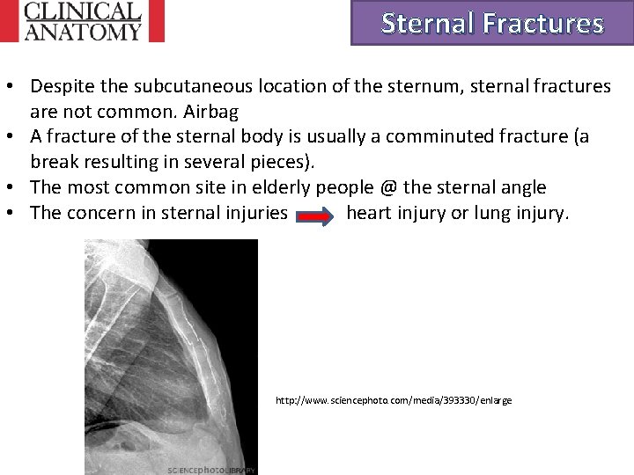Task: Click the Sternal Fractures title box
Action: point(492,23)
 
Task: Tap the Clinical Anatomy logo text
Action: point(83,21)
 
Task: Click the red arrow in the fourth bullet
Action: point(316,214)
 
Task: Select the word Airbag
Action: point(210,113)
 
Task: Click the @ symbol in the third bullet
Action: point(386,187)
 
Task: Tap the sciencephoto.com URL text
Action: point(393,400)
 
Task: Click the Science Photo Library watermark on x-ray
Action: point(211,470)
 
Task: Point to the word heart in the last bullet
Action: point(369,213)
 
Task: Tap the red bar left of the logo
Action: point(8,21)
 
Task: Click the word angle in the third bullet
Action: point(523,187)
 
